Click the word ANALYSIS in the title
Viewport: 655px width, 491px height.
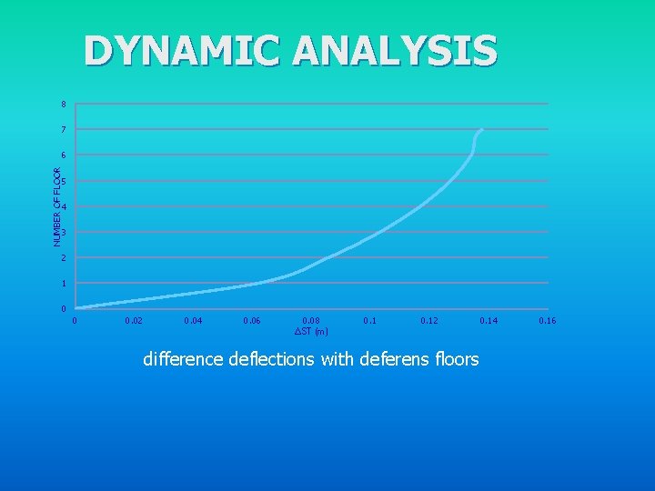(x=396, y=51)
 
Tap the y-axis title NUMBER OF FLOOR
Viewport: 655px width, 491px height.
(x=57, y=206)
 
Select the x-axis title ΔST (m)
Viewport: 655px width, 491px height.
(x=311, y=331)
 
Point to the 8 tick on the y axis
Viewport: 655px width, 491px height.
(x=63, y=105)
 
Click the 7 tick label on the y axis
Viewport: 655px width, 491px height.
(x=63, y=130)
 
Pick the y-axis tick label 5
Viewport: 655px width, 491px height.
(x=63, y=182)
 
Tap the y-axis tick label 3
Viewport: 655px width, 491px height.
(x=63, y=233)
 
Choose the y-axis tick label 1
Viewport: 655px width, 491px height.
(x=63, y=284)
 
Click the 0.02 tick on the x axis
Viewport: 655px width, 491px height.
(x=134, y=321)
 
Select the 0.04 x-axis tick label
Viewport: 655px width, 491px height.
(x=193, y=321)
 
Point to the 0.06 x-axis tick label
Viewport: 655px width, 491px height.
(x=252, y=321)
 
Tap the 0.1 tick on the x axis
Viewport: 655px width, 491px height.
(x=370, y=321)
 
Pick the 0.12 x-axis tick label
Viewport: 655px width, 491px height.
(x=429, y=321)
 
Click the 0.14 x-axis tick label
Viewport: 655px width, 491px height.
(x=489, y=321)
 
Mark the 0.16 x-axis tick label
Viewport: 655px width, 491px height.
(x=548, y=321)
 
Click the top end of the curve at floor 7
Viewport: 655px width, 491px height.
(x=480, y=130)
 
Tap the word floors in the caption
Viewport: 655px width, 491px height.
(x=457, y=359)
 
